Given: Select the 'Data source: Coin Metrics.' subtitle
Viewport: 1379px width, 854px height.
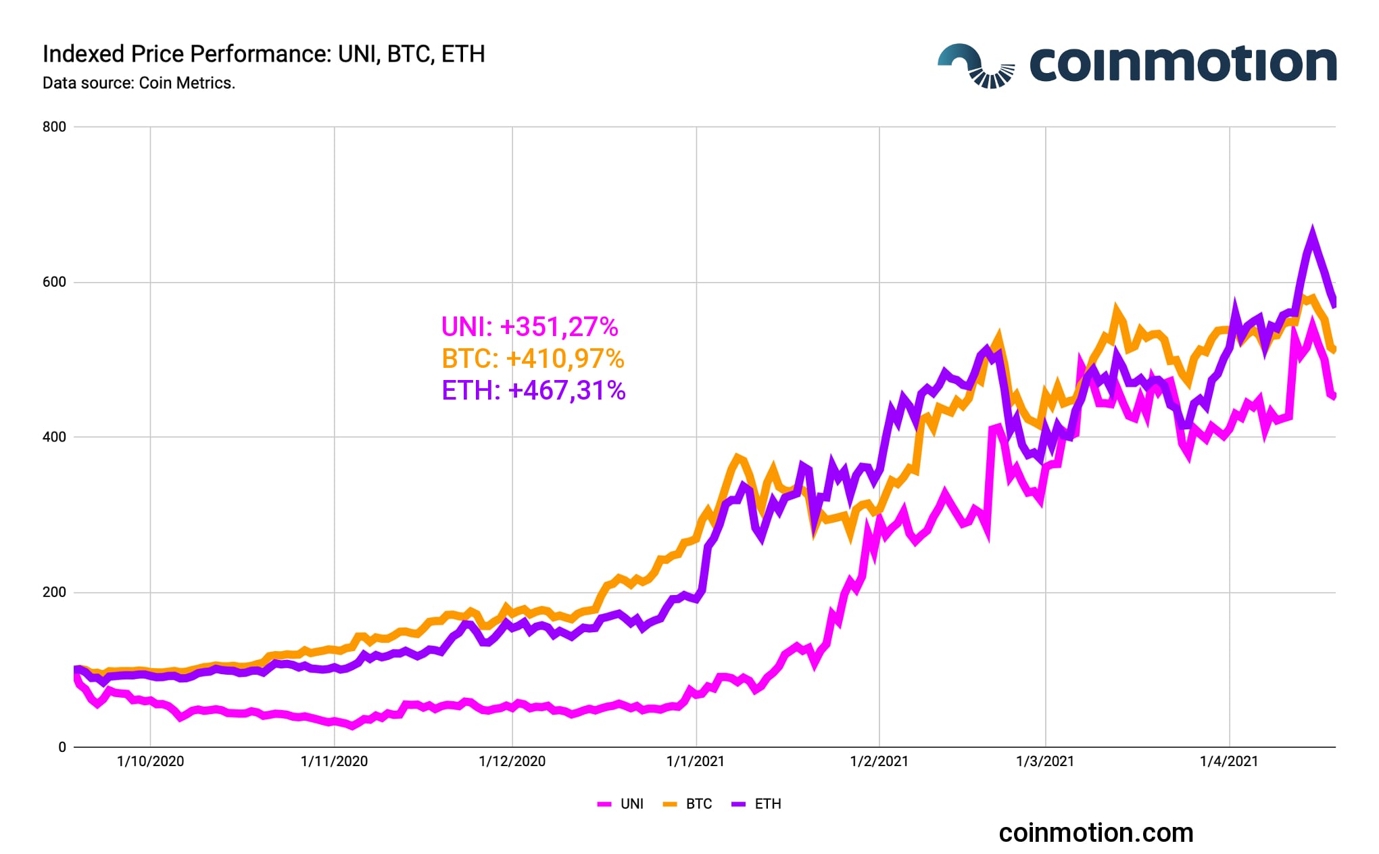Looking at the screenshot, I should point(139,83).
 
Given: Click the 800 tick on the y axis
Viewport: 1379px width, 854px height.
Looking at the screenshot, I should point(54,127).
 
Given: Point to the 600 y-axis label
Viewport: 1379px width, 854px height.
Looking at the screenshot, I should point(54,282).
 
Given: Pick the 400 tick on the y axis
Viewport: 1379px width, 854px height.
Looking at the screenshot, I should point(54,437).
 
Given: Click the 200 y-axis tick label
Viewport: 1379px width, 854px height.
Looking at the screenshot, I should point(54,592).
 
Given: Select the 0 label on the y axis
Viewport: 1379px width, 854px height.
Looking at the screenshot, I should point(62,747).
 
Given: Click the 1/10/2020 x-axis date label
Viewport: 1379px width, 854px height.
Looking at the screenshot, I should point(150,761).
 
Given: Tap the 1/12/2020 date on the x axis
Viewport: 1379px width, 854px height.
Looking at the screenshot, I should point(512,761).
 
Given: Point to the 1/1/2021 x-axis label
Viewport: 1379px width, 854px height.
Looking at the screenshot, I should point(695,761).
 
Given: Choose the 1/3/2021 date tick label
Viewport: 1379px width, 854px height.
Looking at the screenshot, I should point(1044,761).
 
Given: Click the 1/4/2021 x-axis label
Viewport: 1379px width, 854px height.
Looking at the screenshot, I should point(1228,761).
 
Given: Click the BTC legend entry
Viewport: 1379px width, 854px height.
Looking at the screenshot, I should point(689,804).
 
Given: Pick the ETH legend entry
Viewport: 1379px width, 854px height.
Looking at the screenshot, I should point(757,804).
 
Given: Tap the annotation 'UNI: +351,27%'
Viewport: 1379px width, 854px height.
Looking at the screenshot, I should point(529,327).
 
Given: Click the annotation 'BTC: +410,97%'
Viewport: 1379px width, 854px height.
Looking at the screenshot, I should point(533,358).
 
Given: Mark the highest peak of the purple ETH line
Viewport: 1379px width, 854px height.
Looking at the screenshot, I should point(1312,232).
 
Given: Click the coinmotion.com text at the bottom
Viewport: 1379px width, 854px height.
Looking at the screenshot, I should point(1096,833).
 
